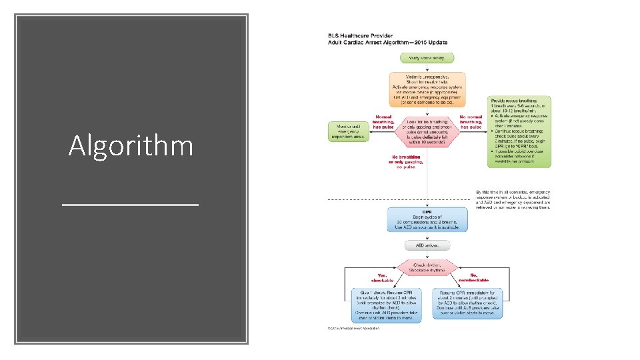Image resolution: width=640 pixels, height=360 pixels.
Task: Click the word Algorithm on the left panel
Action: point(131,145)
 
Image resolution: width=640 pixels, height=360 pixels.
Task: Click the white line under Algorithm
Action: point(131,203)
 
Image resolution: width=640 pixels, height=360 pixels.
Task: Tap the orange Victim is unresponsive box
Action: point(427,90)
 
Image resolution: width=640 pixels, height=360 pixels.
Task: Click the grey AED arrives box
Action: point(427,245)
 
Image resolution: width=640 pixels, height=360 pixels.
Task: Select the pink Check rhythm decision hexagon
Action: point(427,268)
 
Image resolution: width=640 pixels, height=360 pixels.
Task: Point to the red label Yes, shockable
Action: point(382,277)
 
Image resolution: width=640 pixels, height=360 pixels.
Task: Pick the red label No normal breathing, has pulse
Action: point(471,121)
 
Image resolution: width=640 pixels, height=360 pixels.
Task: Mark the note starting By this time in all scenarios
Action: point(513,199)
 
